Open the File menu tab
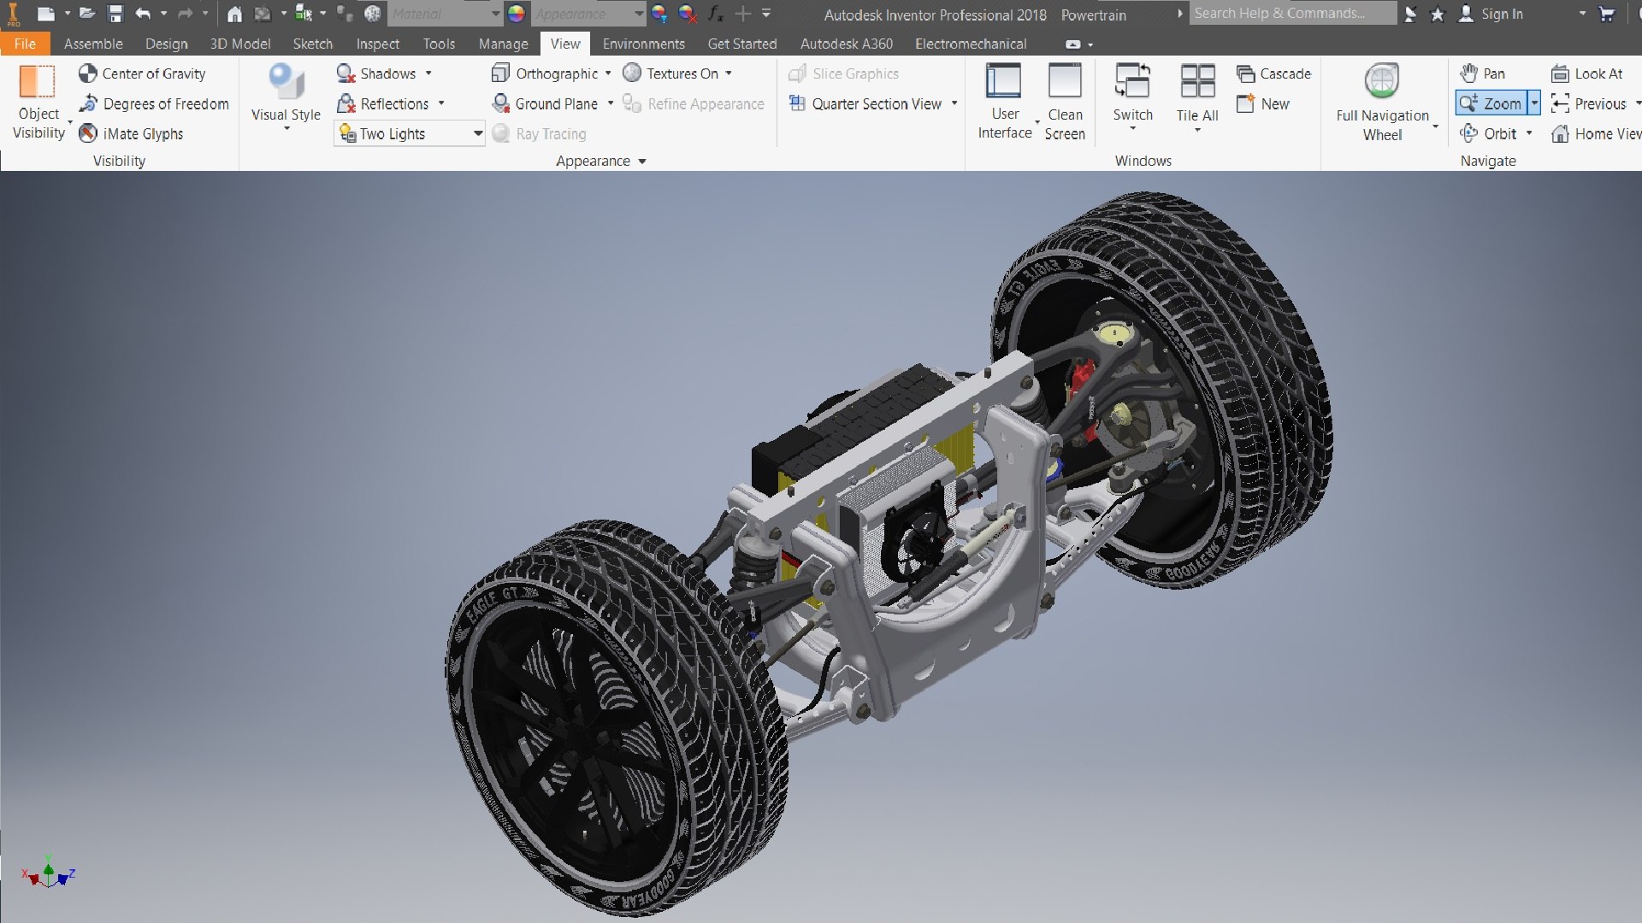25,44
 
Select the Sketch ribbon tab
312,44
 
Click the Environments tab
643,44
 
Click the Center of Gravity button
143,73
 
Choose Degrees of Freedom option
154,103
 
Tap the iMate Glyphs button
132,133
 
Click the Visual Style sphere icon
286,82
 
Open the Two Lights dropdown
477,133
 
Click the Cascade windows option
1274,73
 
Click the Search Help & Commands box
1291,14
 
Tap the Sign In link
1501,14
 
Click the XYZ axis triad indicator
48,873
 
